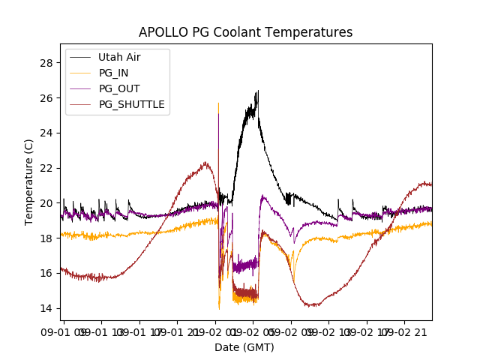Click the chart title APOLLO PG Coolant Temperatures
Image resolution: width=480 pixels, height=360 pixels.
tap(245, 32)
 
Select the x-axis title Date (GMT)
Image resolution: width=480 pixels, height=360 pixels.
tap(245, 347)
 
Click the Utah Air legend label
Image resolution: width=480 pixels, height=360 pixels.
tap(119, 57)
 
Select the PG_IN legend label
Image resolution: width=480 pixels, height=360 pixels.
tap(113, 73)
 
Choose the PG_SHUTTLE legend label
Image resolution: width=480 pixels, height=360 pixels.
tap(131, 104)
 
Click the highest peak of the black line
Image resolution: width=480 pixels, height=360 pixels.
tap(257, 91)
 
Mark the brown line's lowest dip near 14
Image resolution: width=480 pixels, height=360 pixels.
tap(310, 305)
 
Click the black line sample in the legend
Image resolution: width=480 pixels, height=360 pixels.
tap(80, 57)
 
